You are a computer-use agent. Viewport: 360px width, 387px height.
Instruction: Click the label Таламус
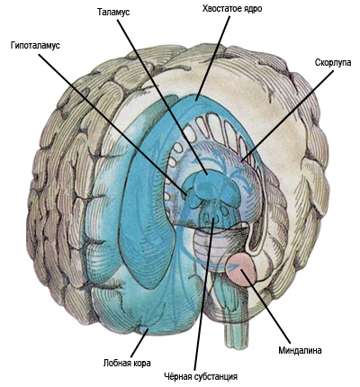[x=113, y=13]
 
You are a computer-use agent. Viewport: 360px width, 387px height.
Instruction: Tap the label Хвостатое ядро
[x=232, y=9]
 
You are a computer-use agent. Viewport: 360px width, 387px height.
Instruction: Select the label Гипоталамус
[x=35, y=46]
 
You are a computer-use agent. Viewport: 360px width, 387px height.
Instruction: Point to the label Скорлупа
[x=333, y=63]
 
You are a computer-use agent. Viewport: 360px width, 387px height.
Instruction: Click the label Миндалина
[x=300, y=350]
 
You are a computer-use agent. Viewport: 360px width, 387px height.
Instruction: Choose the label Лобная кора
[x=127, y=363]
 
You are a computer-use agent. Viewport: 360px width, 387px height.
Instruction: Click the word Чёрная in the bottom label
[x=177, y=376]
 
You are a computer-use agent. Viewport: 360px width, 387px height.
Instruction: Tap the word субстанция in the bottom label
[x=216, y=377]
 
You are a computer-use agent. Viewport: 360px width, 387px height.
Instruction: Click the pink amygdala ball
[x=241, y=268]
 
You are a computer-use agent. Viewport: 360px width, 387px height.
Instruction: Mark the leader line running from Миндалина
[x=265, y=306]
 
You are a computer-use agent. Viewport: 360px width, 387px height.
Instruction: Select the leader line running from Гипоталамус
[x=113, y=125]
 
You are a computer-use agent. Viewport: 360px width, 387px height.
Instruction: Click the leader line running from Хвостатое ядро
[x=213, y=58]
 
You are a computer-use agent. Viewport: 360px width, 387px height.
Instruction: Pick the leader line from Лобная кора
[x=139, y=344]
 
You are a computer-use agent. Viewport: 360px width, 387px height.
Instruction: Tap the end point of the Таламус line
[x=206, y=174]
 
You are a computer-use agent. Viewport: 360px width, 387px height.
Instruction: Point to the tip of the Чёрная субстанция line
[x=213, y=218]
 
